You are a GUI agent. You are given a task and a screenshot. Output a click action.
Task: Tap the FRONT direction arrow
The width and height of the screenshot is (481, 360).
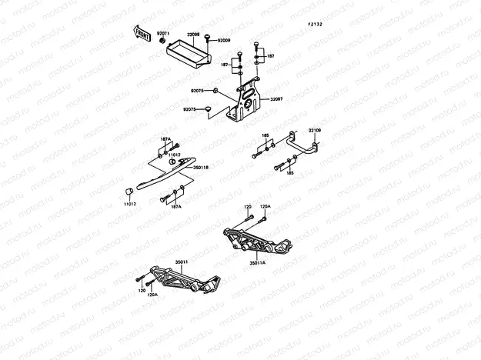(x=143, y=32)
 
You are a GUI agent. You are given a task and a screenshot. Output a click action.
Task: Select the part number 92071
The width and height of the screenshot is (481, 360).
(x=162, y=34)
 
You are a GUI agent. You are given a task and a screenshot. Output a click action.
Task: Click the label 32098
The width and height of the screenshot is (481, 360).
(x=193, y=35)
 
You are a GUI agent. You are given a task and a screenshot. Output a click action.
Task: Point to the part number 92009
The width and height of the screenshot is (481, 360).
(x=224, y=40)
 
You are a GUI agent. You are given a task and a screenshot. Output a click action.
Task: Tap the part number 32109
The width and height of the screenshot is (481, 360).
(x=316, y=130)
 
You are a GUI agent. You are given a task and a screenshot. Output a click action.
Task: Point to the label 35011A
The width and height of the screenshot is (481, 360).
(x=257, y=262)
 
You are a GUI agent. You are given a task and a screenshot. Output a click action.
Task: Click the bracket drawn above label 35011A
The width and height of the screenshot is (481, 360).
(x=255, y=238)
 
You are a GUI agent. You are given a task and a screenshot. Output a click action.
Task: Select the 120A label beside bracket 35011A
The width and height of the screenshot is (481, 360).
(x=265, y=207)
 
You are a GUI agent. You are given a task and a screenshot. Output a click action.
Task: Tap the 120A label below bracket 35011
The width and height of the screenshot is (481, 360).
(x=152, y=295)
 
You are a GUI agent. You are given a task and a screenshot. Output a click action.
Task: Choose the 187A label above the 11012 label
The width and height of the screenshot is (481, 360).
(x=165, y=139)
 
